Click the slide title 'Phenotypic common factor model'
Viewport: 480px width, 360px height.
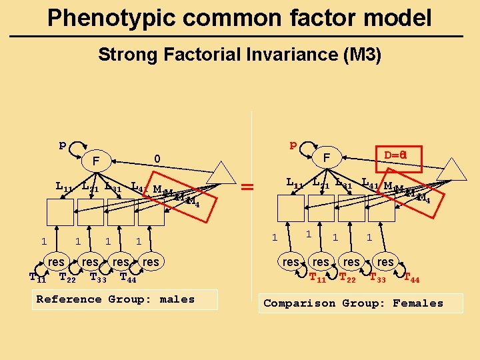(x=239, y=18)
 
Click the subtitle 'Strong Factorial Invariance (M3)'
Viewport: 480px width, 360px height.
(x=239, y=55)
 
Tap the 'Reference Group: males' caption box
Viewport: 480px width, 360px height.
(x=126, y=299)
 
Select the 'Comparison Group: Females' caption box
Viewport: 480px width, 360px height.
(x=360, y=303)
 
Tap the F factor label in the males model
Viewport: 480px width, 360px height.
(x=96, y=161)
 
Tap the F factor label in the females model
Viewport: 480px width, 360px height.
(x=327, y=157)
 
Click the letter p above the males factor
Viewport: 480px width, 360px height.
(x=62, y=144)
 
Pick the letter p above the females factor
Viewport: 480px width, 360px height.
(x=292, y=144)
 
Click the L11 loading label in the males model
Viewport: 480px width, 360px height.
(x=64, y=187)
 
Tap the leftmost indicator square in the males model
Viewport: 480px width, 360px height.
(x=60, y=213)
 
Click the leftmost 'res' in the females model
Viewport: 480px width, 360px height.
(x=291, y=262)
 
